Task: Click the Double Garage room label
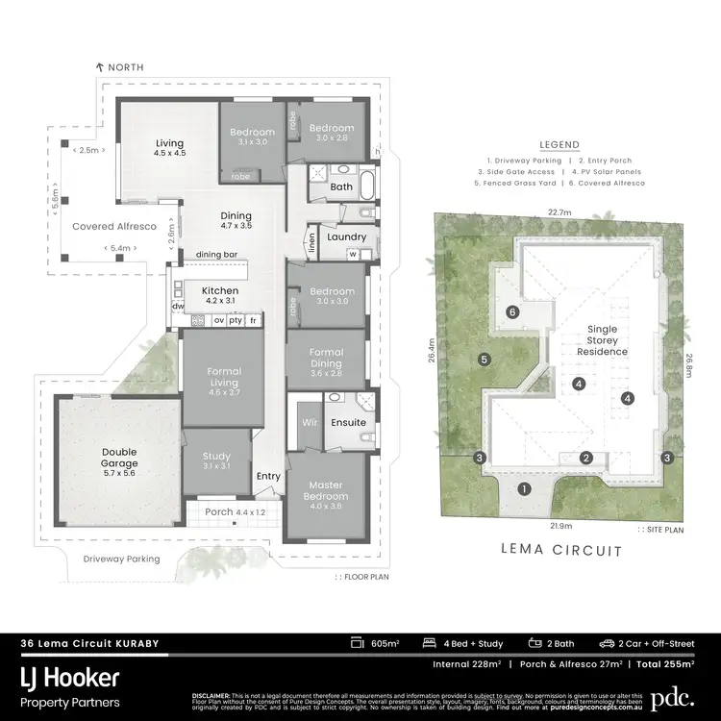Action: pos(119,458)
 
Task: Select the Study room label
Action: pos(216,460)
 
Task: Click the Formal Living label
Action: pos(223,377)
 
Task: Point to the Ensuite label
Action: pos(347,422)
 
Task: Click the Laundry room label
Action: pos(344,236)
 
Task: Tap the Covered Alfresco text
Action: pos(114,225)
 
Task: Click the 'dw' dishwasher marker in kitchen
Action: pos(178,307)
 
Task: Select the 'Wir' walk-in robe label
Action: pos(310,421)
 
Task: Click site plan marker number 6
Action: pos(513,311)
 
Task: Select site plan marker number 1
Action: pos(524,488)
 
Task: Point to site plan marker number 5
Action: pos(485,360)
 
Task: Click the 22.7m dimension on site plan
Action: pos(560,212)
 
